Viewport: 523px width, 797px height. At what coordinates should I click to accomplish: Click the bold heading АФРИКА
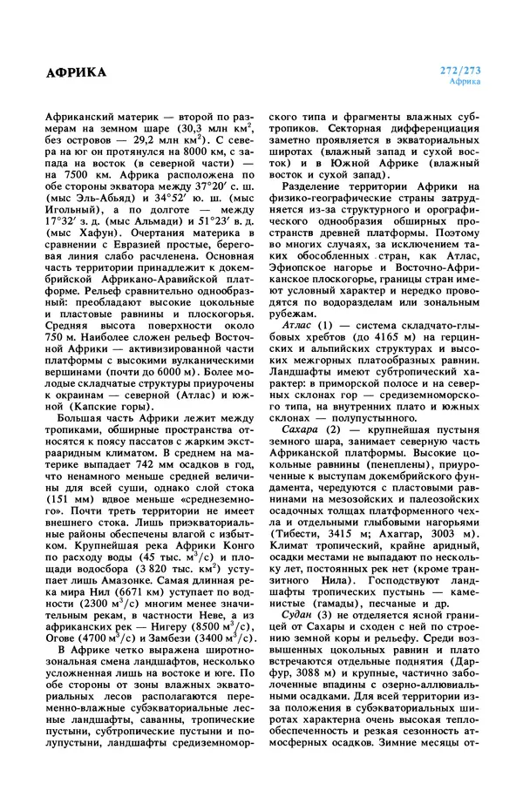click(x=76, y=72)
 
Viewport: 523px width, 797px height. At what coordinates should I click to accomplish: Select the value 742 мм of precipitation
click(x=136, y=469)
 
